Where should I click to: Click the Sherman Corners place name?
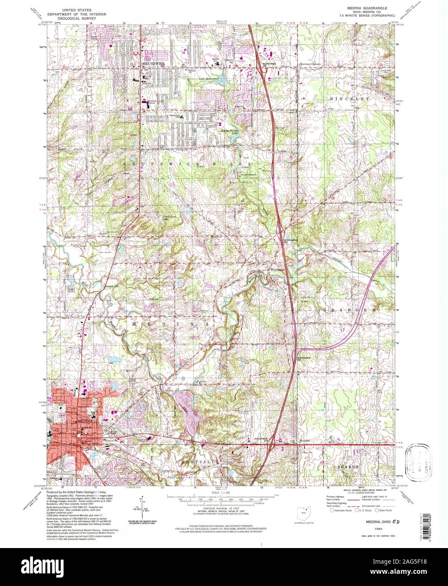[x=310, y=64]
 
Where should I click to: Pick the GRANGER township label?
[x=349, y=310]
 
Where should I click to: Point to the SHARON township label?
[x=347, y=467]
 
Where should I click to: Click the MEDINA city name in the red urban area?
[x=84, y=421]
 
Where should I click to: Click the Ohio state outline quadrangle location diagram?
[x=302, y=514]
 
